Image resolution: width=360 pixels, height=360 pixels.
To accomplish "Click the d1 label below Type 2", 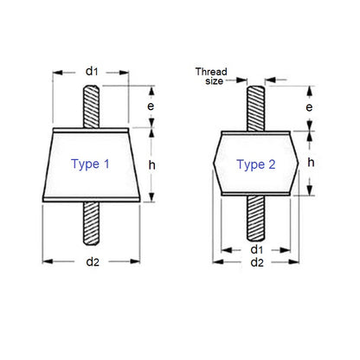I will coord(256,249).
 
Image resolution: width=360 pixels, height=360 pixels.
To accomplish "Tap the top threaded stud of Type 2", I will coord(257,106).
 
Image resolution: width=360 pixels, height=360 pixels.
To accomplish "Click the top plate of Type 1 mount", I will coord(92,131).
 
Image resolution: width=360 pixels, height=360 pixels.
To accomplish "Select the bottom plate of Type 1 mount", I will coord(92,202).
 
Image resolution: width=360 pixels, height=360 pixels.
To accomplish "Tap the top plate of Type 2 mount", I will coord(257,132).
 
